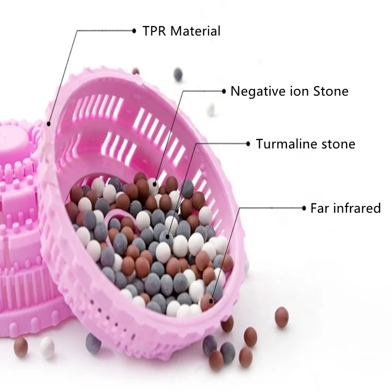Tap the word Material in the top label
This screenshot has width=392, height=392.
point(195,31)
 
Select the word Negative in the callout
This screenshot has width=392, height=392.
point(259,91)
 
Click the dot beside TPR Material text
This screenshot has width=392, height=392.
point(134,31)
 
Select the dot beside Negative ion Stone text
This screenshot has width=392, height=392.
point(224,91)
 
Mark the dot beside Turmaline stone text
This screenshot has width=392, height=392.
point(248,144)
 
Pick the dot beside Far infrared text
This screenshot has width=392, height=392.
point(304,208)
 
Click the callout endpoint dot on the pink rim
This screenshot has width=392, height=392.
point(49,124)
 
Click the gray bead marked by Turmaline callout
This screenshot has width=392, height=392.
point(167,236)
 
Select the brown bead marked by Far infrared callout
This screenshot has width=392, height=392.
point(209,302)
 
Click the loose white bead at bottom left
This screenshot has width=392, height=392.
point(48,348)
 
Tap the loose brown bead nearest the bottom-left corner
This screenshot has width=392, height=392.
point(21,347)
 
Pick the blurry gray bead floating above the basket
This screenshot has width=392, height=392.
point(178,75)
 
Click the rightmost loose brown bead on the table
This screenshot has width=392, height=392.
point(282,317)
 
